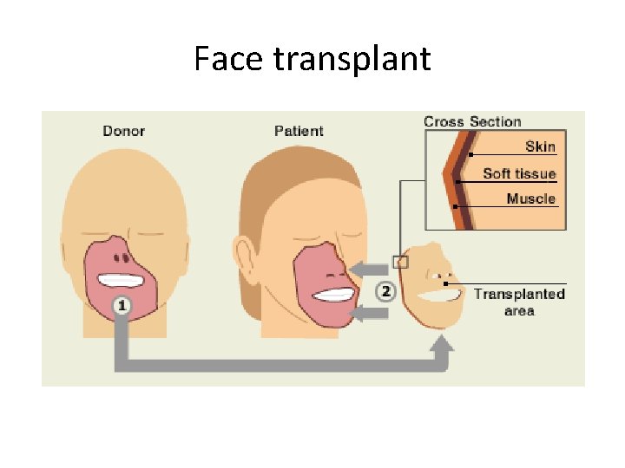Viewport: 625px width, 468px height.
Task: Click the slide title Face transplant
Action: [312, 59]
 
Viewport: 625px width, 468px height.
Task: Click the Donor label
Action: [123, 131]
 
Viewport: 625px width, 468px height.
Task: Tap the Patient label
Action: [299, 131]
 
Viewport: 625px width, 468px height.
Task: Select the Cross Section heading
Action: [472, 121]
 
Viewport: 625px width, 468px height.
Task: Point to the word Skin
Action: [540, 147]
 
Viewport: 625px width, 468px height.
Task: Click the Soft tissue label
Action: [519, 173]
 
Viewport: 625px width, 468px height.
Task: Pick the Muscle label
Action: [530, 198]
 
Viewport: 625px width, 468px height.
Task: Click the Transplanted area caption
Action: [519, 302]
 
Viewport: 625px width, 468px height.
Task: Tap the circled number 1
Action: [122, 304]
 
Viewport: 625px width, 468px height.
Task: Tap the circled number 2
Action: [385, 291]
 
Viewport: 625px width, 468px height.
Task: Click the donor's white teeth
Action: [124, 280]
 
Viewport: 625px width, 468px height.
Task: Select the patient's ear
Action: [249, 256]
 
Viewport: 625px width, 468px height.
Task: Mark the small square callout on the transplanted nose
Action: [400, 262]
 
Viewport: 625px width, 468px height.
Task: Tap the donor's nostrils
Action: [124, 257]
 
